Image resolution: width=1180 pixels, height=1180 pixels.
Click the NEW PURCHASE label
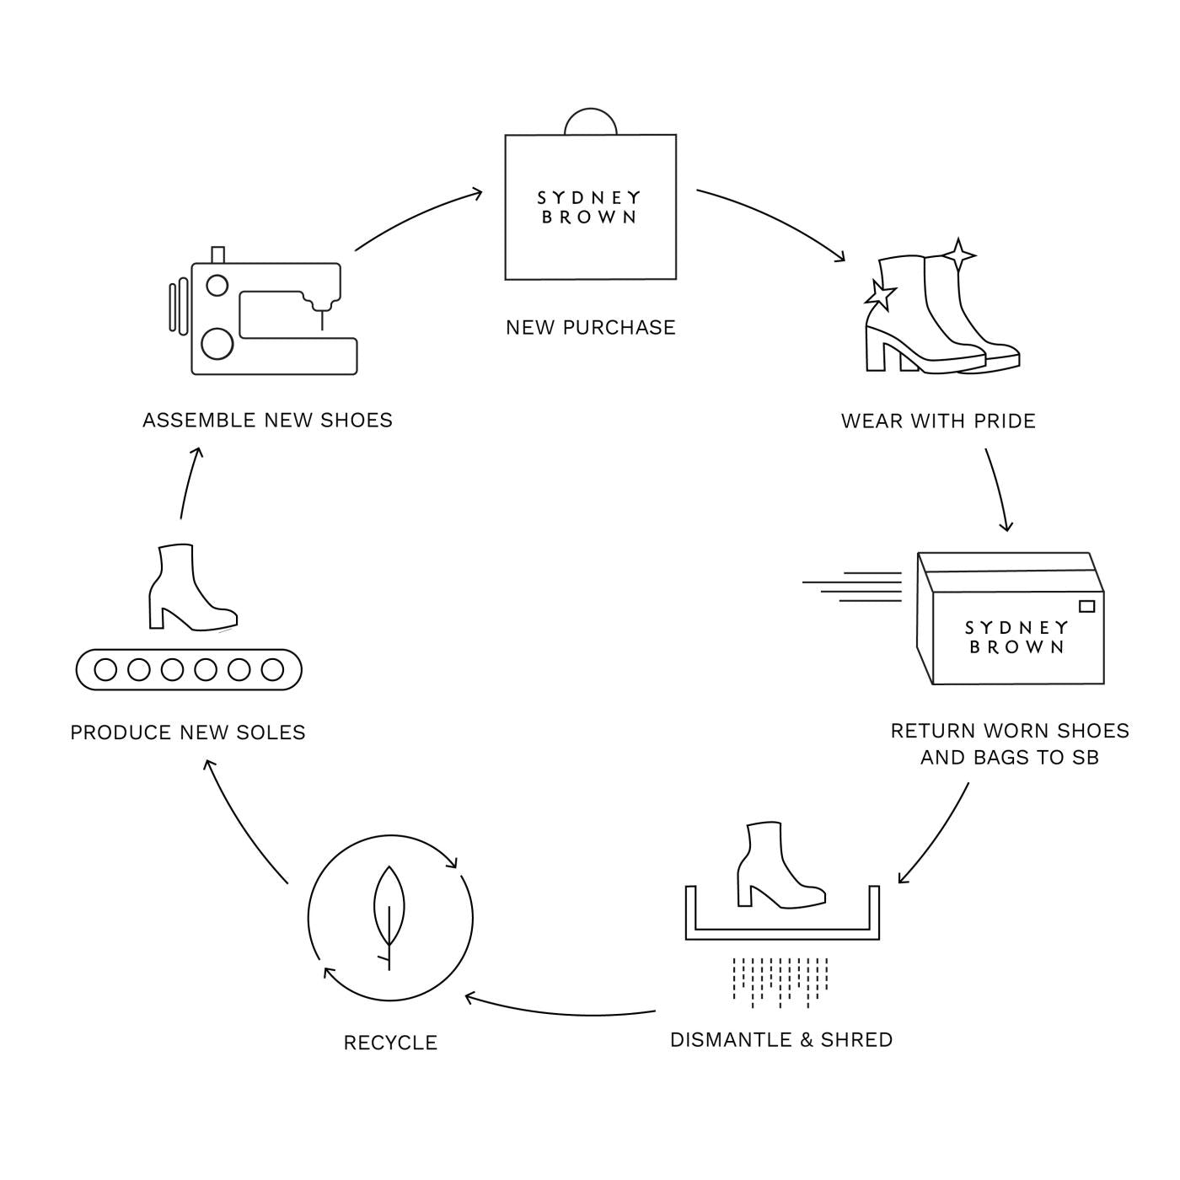(590, 327)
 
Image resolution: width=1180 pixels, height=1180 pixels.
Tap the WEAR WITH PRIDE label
(938, 421)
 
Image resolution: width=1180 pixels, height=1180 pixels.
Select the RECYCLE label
(390, 1043)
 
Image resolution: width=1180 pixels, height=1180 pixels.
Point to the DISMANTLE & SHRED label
(781, 1039)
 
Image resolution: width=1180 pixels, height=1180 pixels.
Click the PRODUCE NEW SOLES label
(188, 732)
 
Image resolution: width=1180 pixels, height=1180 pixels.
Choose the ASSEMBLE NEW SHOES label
(267, 420)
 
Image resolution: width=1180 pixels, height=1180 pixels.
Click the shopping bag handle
(590, 121)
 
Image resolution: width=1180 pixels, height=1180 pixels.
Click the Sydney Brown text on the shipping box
(1016, 637)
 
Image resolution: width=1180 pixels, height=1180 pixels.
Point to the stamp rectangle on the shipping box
(1086, 606)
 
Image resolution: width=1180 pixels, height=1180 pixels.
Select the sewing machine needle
(321, 319)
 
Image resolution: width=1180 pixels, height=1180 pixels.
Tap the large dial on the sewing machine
(217, 343)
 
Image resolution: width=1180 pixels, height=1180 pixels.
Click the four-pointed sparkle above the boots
(958, 254)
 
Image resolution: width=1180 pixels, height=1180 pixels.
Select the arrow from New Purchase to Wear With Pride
(771, 219)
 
